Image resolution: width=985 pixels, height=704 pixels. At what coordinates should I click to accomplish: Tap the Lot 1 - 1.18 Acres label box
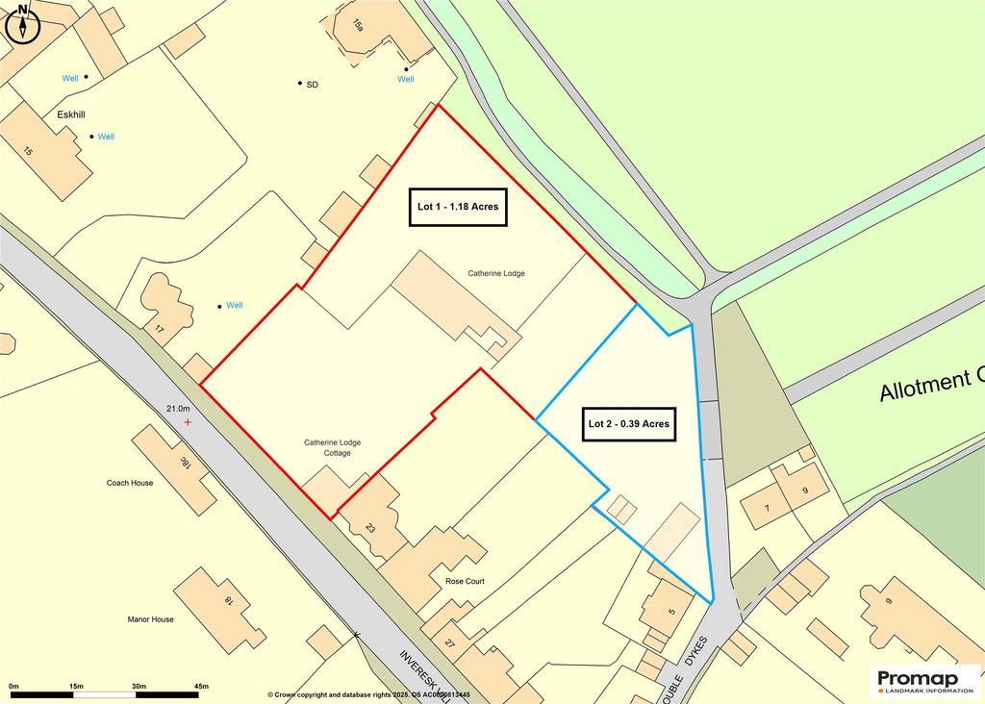tap(459, 207)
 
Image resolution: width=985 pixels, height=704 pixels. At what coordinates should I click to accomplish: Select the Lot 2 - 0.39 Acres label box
tap(629, 423)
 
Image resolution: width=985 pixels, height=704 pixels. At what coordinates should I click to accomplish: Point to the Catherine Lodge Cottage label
tap(333, 447)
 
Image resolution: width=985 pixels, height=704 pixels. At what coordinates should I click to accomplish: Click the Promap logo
tap(924, 681)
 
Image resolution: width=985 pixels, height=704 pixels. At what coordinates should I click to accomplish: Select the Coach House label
tap(130, 483)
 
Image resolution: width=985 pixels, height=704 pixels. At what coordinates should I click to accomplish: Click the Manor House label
tap(150, 619)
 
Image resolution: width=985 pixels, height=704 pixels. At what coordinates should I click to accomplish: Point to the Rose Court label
tap(465, 582)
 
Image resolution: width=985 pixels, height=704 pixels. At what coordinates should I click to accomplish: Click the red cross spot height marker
tap(188, 422)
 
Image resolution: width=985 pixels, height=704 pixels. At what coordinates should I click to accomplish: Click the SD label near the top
tap(312, 85)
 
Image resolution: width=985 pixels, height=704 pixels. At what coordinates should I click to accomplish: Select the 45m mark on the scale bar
tap(201, 686)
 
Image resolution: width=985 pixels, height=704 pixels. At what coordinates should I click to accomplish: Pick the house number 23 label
tap(370, 527)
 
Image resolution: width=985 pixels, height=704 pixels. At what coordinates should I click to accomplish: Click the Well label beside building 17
tap(234, 306)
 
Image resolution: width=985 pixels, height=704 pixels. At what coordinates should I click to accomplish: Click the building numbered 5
tap(670, 607)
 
